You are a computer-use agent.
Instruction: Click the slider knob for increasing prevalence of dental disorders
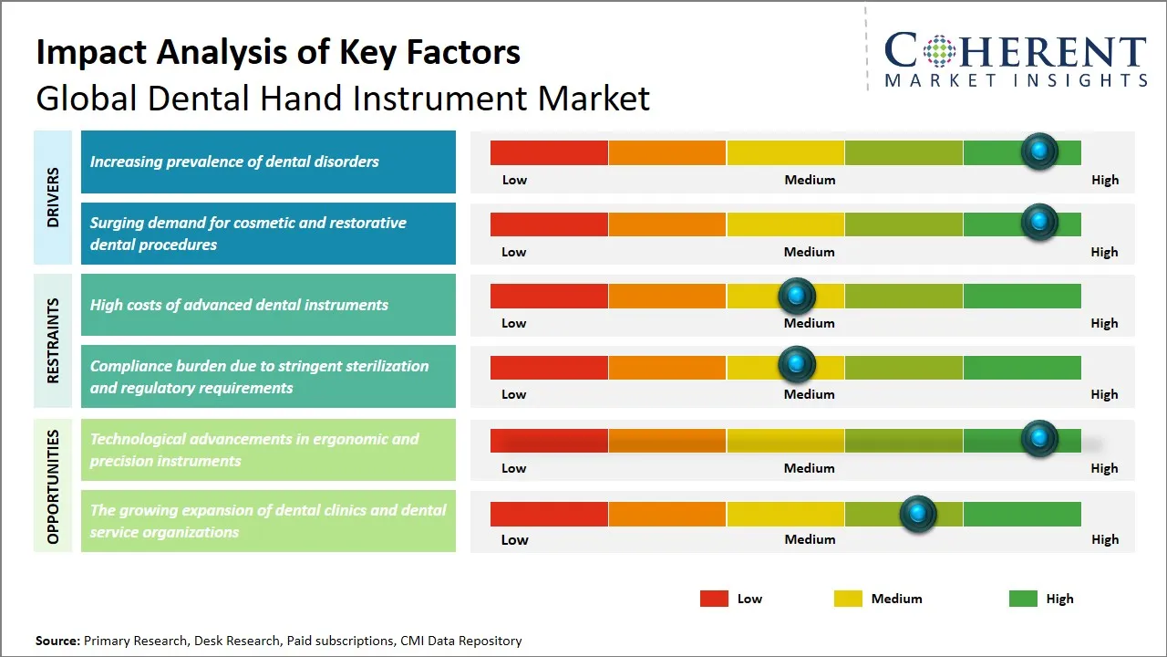tap(1038, 151)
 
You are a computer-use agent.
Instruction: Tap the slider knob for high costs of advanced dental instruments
tap(797, 295)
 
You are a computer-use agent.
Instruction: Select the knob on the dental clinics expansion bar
tap(917, 514)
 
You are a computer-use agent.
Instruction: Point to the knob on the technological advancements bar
tap(1038, 439)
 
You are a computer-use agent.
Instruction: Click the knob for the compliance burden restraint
tap(797, 365)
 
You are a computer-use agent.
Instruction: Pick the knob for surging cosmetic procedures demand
tap(1038, 222)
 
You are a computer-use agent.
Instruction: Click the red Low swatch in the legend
tap(714, 599)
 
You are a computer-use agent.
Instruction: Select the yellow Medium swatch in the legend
tap(848, 599)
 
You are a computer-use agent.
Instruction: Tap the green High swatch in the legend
tap(1023, 599)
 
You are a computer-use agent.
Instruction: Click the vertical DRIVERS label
tap(53, 197)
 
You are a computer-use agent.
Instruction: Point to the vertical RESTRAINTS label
tap(53, 340)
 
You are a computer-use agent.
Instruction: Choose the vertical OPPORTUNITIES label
tap(53, 486)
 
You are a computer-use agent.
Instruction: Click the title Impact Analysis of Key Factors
tap(278, 52)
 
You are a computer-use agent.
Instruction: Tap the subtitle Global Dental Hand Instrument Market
tap(343, 98)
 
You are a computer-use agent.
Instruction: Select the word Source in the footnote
tap(57, 641)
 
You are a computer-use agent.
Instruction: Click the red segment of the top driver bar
tap(549, 152)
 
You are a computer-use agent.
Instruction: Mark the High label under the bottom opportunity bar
tap(1104, 539)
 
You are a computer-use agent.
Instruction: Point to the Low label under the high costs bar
tap(514, 323)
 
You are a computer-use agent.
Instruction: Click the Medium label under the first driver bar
tap(810, 180)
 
